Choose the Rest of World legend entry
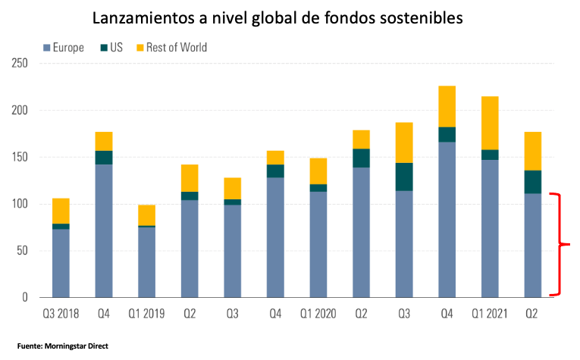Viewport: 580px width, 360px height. [171, 47]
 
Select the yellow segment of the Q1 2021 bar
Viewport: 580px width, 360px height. [490, 123]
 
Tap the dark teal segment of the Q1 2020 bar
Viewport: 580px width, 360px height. [318, 188]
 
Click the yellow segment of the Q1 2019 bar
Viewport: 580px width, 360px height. [146, 215]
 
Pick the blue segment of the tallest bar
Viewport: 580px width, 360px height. [447, 220]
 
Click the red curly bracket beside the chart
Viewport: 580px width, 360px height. [561, 244]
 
